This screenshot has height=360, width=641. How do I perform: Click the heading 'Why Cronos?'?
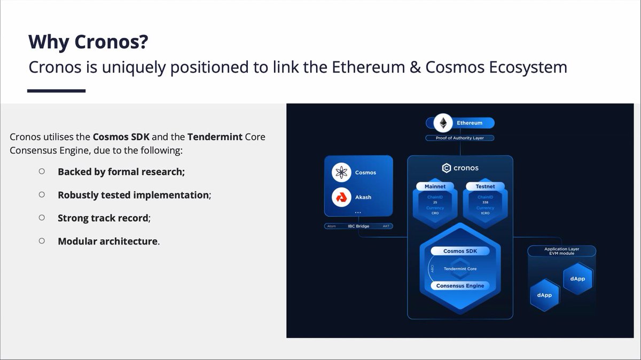88,41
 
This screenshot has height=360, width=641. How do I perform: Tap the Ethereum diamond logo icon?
442,123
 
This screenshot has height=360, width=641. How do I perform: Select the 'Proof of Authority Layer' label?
459,138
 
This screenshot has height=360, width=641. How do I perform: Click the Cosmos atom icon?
341,173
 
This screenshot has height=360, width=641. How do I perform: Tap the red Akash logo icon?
341,197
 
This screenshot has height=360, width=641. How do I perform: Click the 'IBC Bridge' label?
359,226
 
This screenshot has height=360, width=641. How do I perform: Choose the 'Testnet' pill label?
485,186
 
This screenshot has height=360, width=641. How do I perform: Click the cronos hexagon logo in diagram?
447,168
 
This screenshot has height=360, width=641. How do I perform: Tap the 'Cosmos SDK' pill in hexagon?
460,251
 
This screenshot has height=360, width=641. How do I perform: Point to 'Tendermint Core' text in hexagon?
460,269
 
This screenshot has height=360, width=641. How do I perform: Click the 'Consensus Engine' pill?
460,286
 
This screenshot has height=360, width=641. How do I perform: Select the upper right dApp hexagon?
577,279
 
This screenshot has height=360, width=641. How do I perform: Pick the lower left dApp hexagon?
544,294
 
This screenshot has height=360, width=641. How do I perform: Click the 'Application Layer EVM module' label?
561,251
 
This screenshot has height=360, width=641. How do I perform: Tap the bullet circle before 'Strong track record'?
42,217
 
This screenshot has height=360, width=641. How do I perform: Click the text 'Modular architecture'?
108,241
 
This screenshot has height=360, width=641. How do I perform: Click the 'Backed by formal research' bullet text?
121,172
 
